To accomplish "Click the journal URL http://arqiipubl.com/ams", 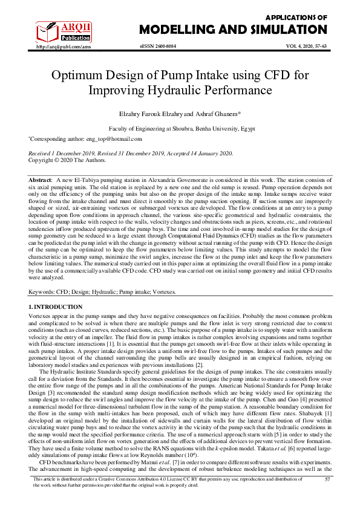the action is [64, 46].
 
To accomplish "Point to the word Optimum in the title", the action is [79, 76].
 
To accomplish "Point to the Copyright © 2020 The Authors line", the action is [67, 160].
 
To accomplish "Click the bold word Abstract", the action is [41, 181].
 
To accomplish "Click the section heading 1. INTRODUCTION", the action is [56, 307].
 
